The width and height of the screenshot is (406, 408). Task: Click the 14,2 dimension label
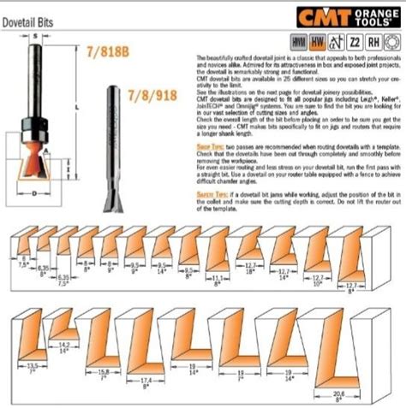[63, 345]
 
